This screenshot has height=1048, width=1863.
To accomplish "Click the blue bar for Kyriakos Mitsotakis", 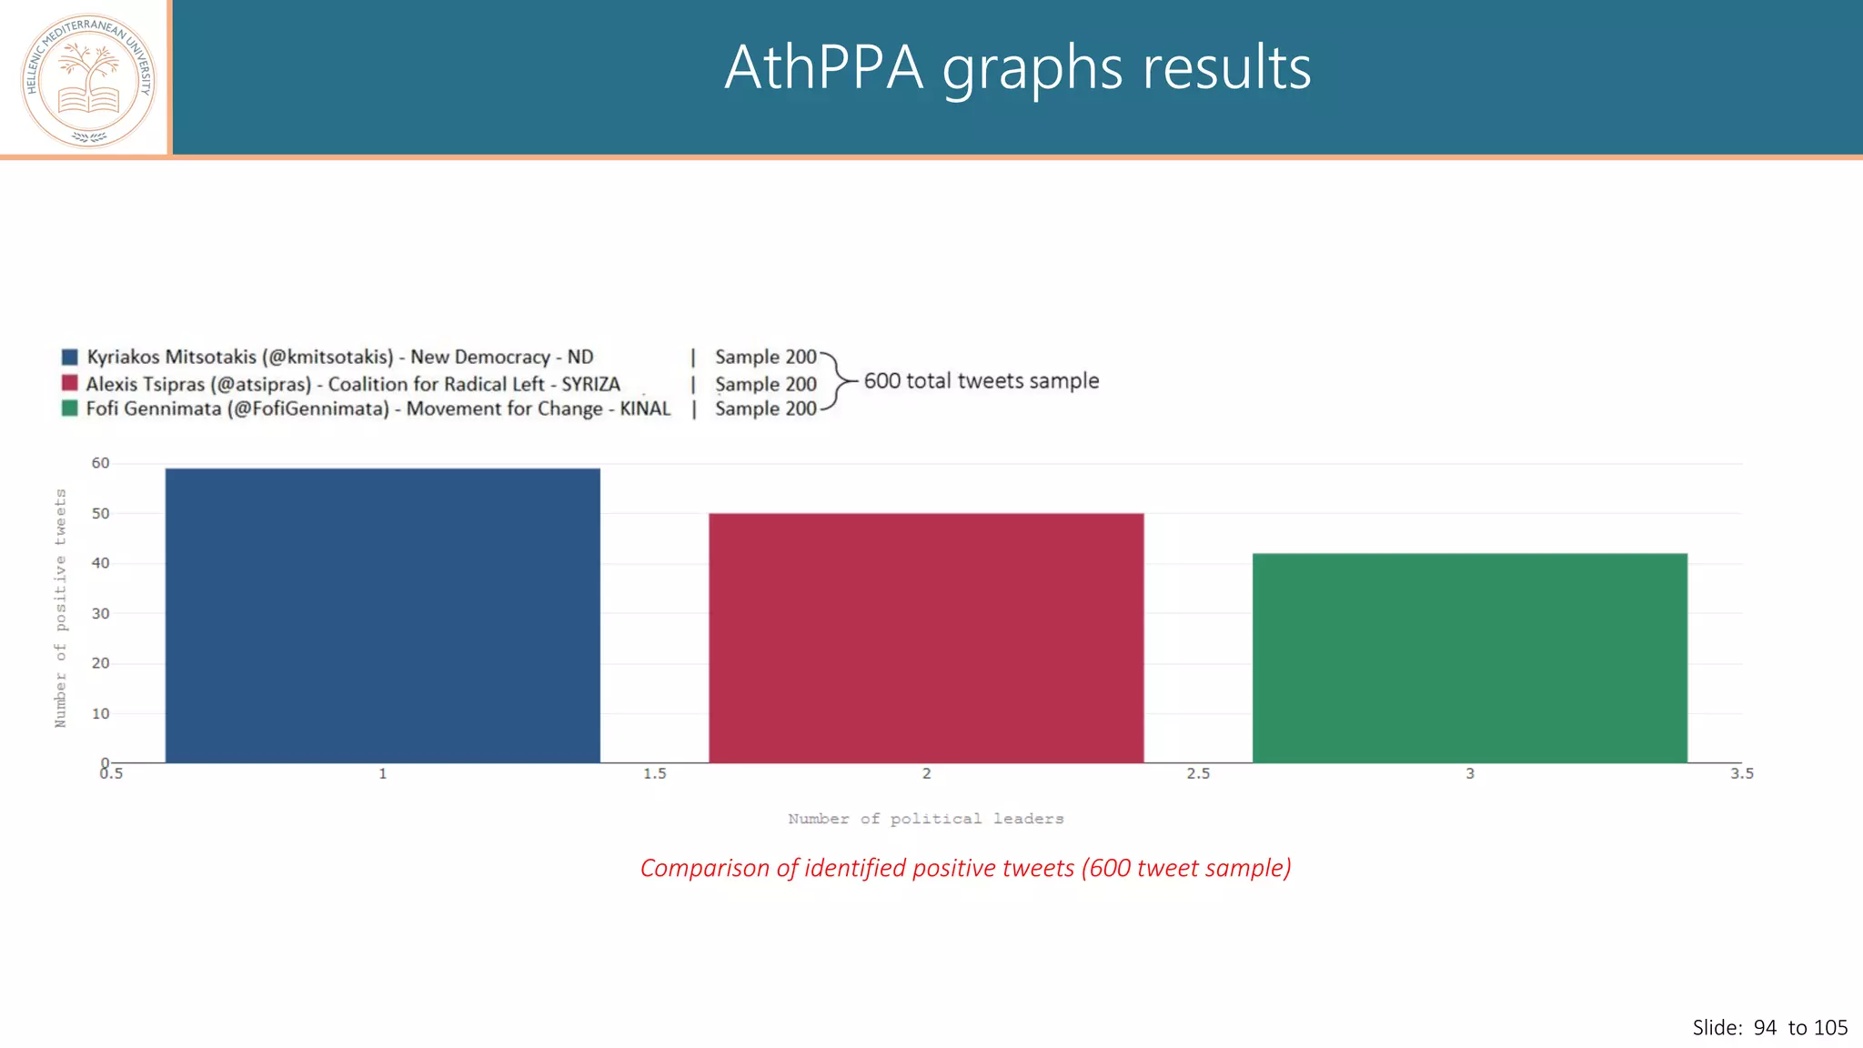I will tap(382, 615).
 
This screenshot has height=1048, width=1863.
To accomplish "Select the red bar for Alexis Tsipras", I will tap(926, 638).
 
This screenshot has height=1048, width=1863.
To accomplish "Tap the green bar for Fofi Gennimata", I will tap(1469, 658).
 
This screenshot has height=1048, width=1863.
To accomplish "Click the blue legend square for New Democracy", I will tap(70, 357).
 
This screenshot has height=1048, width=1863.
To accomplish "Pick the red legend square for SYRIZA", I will tap(70, 383).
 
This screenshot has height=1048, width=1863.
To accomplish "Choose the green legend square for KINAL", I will tap(70, 408).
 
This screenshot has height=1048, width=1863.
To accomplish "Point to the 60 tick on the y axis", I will tap(100, 463).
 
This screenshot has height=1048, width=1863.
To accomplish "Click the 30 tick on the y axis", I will tap(100, 614).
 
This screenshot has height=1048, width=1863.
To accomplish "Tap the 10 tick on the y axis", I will tap(100, 714).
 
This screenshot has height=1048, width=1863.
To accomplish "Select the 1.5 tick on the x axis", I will tap(655, 774).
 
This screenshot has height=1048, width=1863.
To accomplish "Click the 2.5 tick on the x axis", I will tap(1198, 774).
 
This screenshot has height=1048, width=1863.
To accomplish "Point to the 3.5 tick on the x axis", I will tap(1741, 774).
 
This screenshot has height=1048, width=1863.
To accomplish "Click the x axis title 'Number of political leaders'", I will tap(925, 819).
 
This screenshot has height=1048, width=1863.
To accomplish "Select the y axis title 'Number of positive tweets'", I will tap(61, 608).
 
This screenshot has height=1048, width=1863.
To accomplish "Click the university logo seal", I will tap(88, 80).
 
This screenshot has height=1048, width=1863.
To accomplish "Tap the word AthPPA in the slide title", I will tap(823, 68).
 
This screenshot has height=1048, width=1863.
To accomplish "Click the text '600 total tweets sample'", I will tap(981, 381).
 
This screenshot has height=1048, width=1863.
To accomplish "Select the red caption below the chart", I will tap(965, 868).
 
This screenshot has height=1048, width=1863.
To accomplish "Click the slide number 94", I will tap(1765, 1028).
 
